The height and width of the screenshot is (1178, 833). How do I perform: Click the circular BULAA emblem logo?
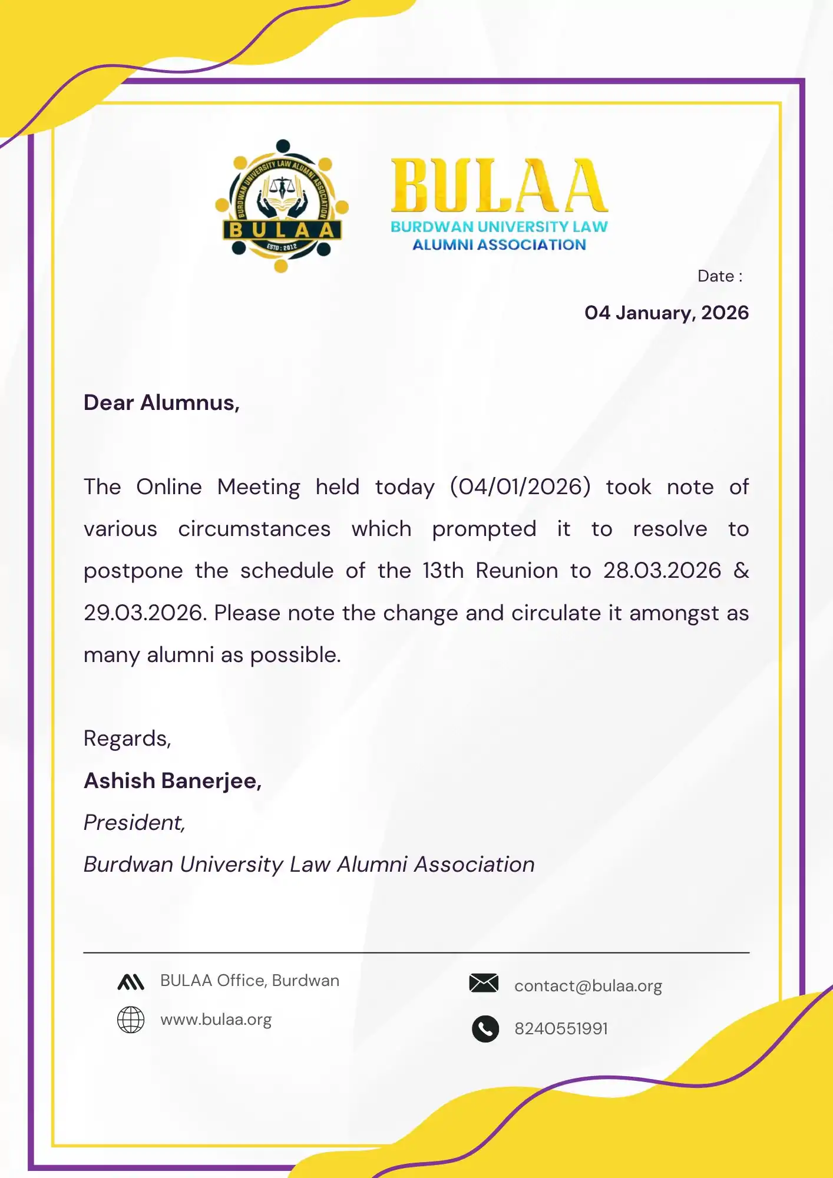(x=282, y=206)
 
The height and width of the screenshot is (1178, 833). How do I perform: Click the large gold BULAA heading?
(x=499, y=186)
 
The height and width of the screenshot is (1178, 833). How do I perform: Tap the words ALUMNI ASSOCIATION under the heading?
(x=499, y=245)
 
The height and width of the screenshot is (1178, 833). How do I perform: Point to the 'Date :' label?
(x=719, y=276)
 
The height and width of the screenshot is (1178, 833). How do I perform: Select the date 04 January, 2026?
(x=666, y=313)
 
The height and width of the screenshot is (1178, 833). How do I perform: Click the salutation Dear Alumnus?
(x=161, y=403)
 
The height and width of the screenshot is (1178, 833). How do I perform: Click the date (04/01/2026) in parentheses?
(x=520, y=487)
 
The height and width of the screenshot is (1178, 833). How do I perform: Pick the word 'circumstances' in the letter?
(x=254, y=529)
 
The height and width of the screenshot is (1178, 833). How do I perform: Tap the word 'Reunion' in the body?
(x=517, y=571)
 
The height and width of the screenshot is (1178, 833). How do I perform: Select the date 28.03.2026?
(x=662, y=571)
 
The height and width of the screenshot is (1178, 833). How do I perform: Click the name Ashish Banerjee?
(x=172, y=781)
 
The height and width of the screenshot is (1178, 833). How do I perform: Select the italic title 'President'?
(x=134, y=823)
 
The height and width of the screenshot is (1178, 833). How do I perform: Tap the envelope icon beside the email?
(x=484, y=983)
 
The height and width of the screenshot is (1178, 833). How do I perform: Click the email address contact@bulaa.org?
(x=588, y=986)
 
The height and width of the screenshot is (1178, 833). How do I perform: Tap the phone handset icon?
(x=485, y=1029)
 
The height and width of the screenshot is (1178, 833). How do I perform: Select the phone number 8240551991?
(x=561, y=1029)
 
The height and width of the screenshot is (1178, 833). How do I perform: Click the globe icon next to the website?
(x=131, y=1020)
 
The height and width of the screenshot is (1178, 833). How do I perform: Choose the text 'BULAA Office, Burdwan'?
(x=250, y=981)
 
